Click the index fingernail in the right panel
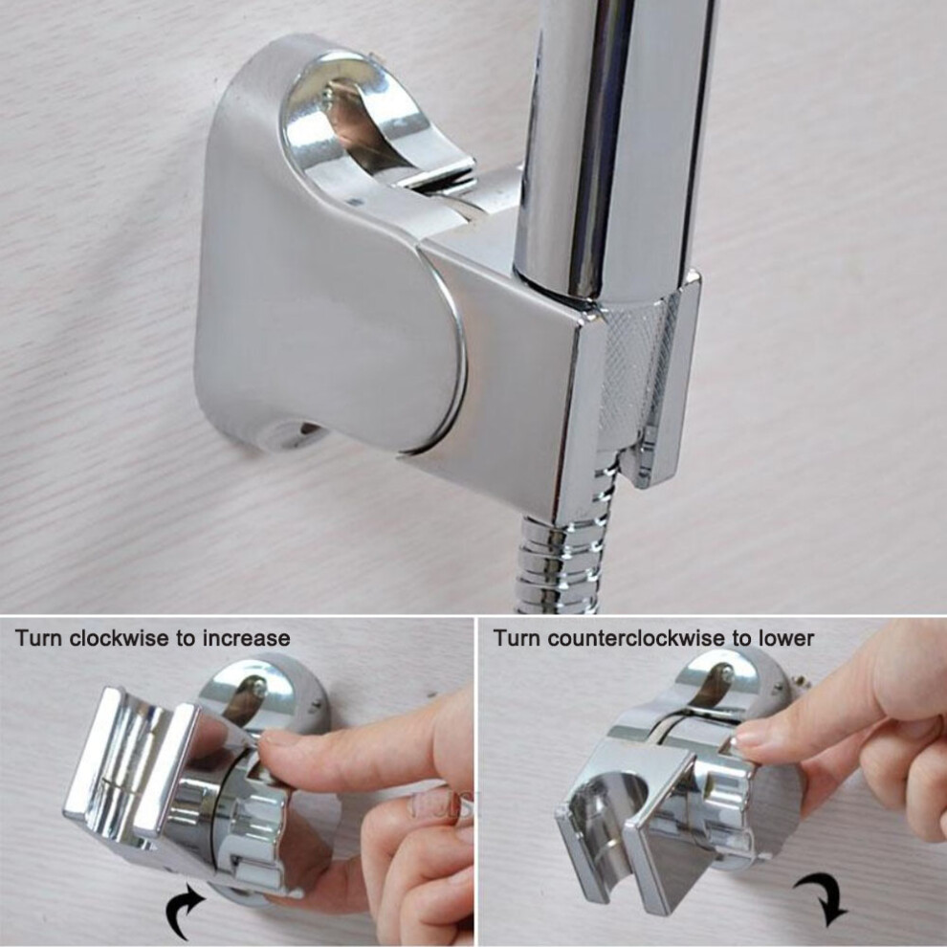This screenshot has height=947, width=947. coord(752,736)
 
